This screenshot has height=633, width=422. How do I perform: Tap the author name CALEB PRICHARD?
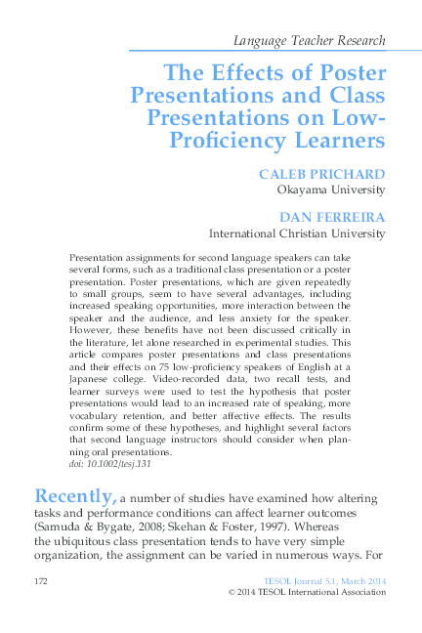tap(321, 174)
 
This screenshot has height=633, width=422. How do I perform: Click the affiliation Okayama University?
tap(331, 191)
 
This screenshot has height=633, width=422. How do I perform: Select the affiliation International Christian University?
tap(297, 234)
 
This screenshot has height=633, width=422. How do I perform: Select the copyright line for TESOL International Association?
tap(306, 593)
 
